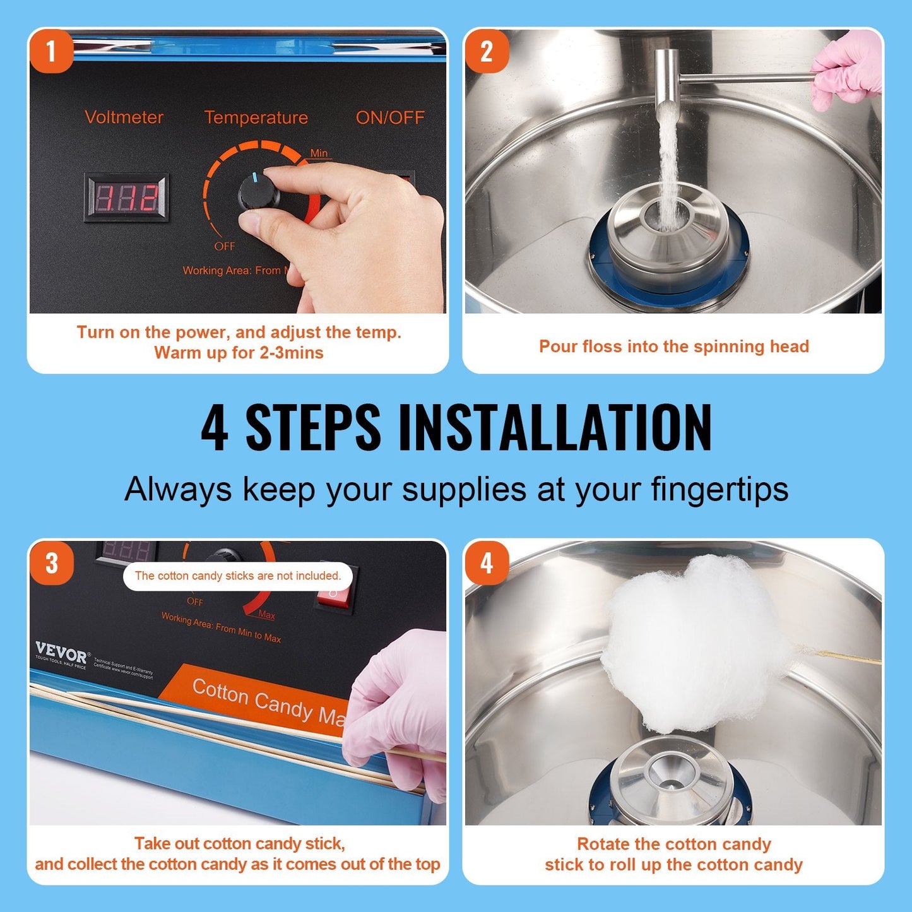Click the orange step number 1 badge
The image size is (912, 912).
(x=51, y=51)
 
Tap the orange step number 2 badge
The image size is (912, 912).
(x=487, y=51)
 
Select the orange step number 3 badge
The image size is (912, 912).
(x=51, y=563)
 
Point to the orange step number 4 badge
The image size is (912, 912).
(x=487, y=563)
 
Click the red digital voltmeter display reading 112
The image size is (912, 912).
(x=127, y=198)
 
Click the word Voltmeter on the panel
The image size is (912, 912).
(x=124, y=117)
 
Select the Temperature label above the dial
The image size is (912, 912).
(x=256, y=117)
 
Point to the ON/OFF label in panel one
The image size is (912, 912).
(x=389, y=117)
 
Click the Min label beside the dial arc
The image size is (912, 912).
(x=319, y=153)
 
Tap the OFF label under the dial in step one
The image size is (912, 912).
(x=224, y=246)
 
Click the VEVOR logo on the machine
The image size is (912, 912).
(x=61, y=652)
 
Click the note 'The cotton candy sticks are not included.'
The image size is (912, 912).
(x=238, y=576)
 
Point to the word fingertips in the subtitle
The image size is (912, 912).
(x=720, y=489)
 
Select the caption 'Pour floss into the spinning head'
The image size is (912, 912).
(x=673, y=346)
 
